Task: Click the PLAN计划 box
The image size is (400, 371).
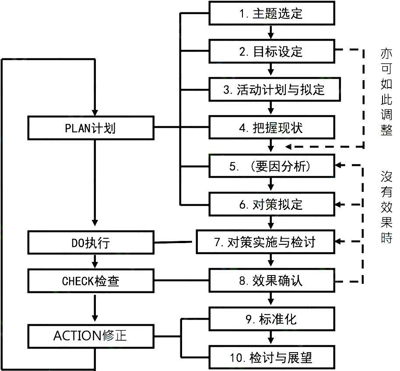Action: click(x=90, y=128)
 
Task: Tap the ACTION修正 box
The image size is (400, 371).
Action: click(x=90, y=336)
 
